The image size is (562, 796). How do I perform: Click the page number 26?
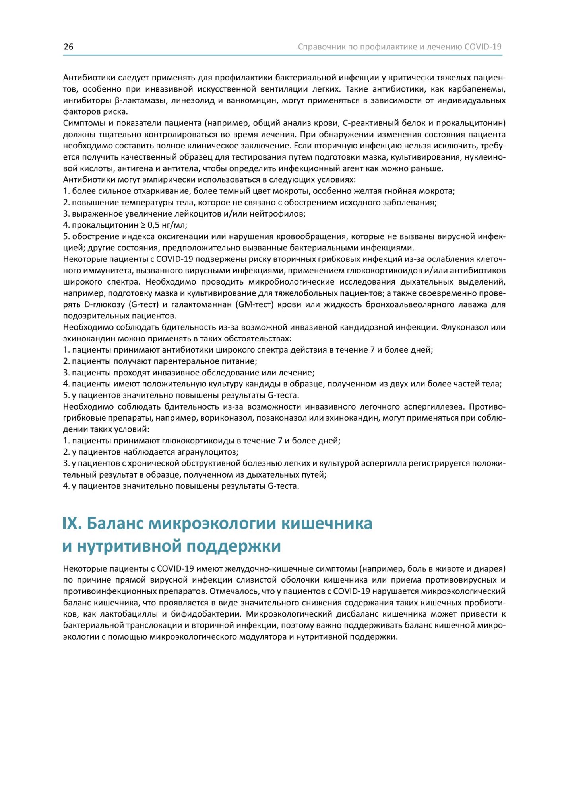pyautogui.click(x=68, y=47)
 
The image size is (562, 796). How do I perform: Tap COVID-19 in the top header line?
pyautogui.click(x=483, y=47)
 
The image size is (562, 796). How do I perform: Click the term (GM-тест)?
pyautogui.click(x=259, y=304)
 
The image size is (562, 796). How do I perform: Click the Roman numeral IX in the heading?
pyautogui.click(x=72, y=523)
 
